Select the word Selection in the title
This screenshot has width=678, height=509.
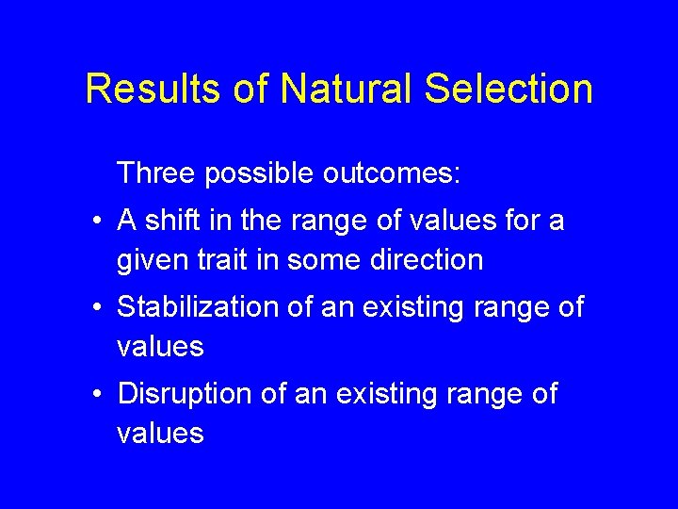tap(509, 90)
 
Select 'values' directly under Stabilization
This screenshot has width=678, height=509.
tap(160, 346)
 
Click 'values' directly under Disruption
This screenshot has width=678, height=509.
tap(160, 433)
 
